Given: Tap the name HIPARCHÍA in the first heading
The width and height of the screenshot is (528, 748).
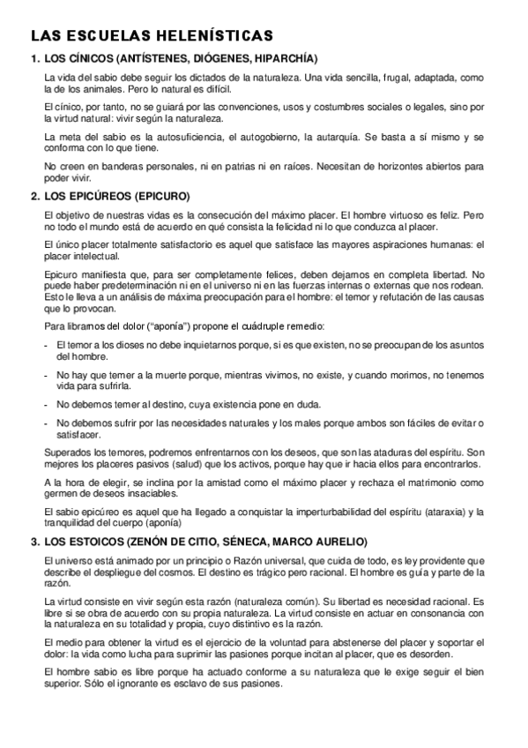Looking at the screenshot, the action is (x=284, y=60).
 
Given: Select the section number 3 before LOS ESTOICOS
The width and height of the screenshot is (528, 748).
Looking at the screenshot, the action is (x=34, y=541).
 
